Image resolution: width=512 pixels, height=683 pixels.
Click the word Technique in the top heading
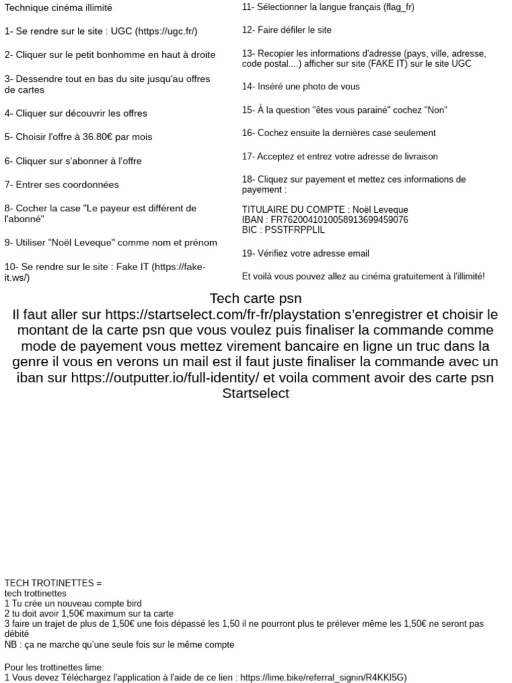[x=27, y=8]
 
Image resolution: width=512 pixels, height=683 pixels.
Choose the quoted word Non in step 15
[x=436, y=109]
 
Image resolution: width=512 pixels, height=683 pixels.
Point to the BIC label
[x=249, y=229]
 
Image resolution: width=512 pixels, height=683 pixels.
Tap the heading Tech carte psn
[x=255, y=297]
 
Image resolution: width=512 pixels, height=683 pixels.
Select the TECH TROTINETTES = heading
[x=53, y=583]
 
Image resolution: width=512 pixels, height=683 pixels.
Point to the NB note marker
[x=11, y=645]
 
